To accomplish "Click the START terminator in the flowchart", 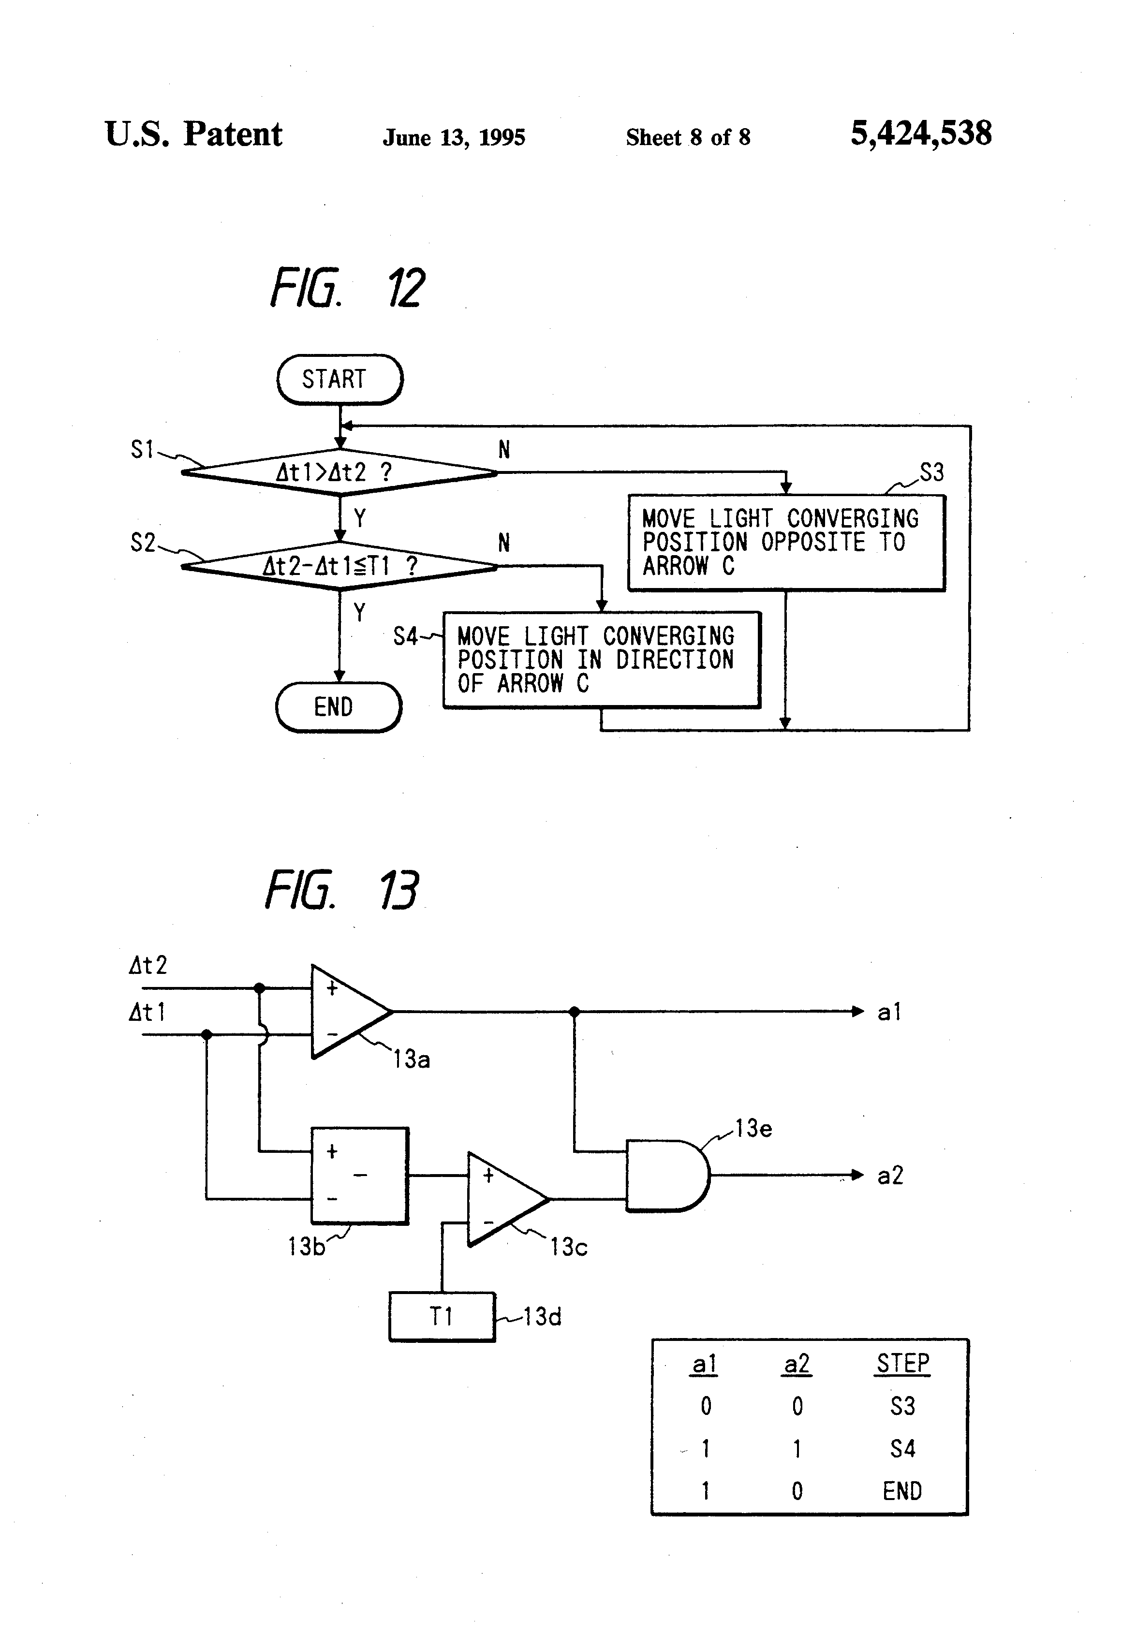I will point(340,380).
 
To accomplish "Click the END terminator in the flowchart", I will point(339,707).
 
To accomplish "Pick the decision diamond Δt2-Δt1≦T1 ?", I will point(340,566).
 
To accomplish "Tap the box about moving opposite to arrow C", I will point(786,543).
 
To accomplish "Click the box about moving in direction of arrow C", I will point(602,660).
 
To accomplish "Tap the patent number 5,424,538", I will point(921,133).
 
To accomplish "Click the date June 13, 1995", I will point(454,137).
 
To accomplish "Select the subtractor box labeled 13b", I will point(360,1176).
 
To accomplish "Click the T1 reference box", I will point(441,1317).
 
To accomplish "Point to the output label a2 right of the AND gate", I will point(890,1176).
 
